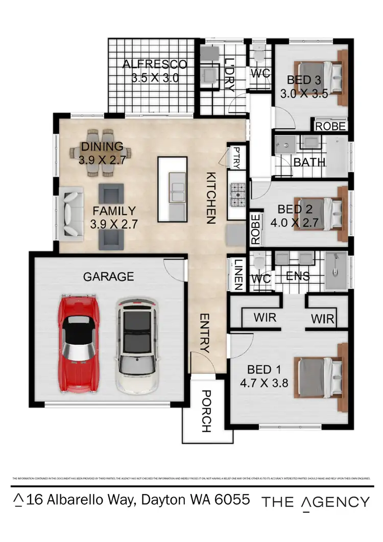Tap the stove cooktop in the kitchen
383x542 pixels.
[x=238, y=195]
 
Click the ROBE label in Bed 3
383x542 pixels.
[x=330, y=126]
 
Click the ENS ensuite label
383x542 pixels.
[x=297, y=276]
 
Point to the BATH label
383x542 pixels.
[x=309, y=162]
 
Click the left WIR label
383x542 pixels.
[x=265, y=318]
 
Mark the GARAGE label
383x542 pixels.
[x=108, y=277]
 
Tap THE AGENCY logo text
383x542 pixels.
[x=315, y=502]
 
